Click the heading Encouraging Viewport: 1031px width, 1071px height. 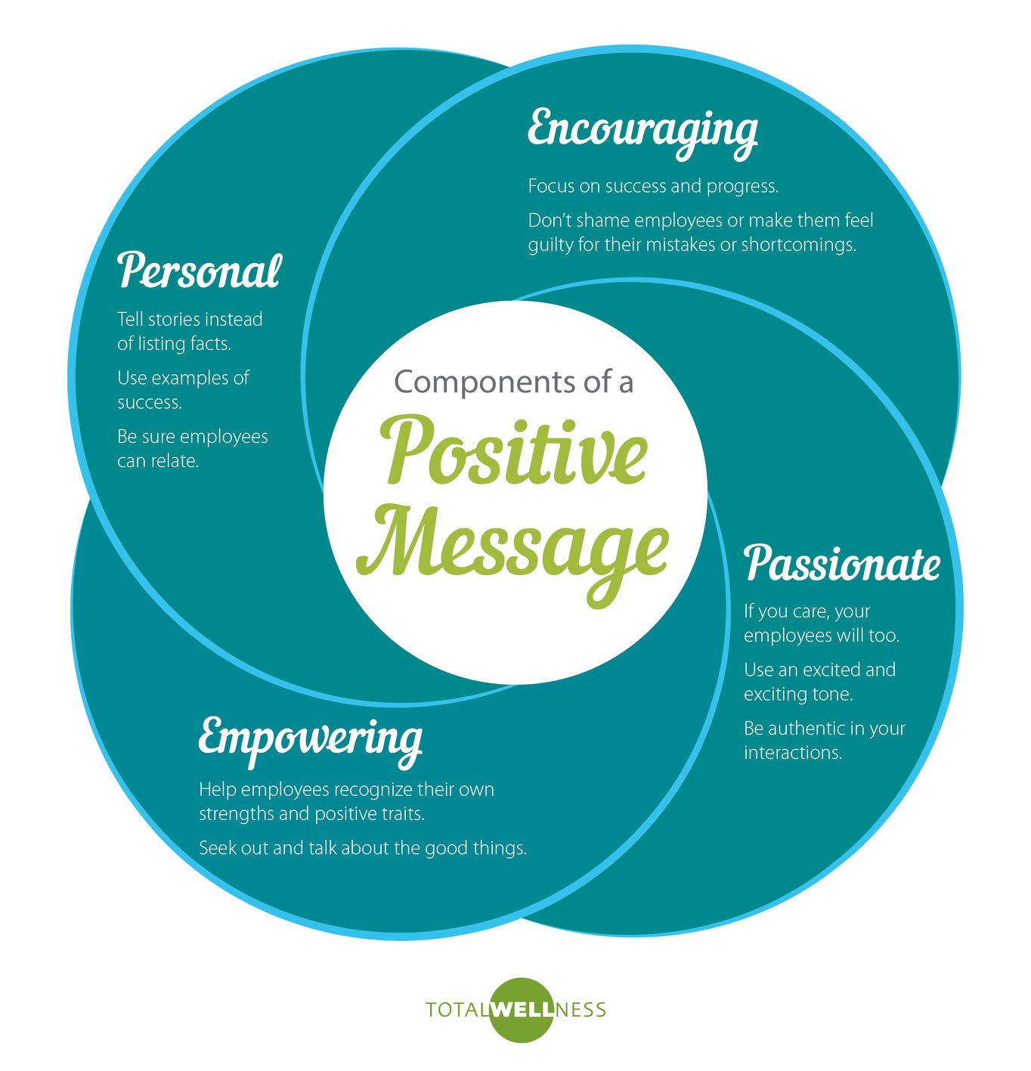click(642, 129)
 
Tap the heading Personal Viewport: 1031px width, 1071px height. click(199, 271)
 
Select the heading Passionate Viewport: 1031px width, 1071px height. click(841, 563)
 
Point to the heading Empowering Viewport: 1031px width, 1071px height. click(310, 737)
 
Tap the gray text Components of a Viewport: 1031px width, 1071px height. click(513, 382)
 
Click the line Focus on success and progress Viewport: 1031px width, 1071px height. click(652, 186)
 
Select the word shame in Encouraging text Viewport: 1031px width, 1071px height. click(603, 221)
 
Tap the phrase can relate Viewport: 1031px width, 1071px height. click(158, 461)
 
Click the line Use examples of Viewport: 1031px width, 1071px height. click(183, 378)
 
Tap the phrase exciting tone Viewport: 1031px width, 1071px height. click(797, 694)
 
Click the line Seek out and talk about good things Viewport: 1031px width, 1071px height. click(362, 848)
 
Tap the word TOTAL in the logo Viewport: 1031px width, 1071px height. click(456, 1010)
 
